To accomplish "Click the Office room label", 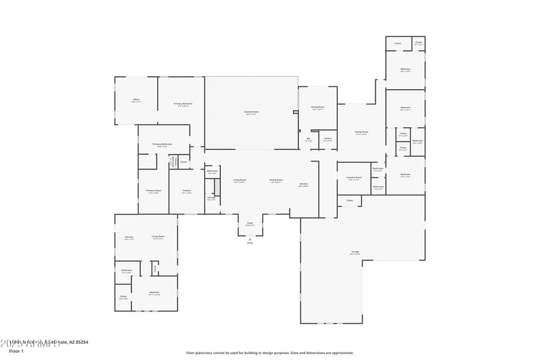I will (136, 100).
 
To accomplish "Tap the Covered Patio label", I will (251, 112).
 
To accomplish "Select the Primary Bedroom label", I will (183, 104).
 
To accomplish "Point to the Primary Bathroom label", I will (162, 145).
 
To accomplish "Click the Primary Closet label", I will (153, 191).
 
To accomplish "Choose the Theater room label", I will (186, 191).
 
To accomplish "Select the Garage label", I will (355, 252).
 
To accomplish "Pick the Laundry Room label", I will (354, 178).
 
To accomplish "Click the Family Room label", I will (362, 132).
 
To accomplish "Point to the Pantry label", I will (327, 139).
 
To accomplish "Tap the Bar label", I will (308, 139).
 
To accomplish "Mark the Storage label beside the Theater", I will (211, 199).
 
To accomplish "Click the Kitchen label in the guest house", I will (129, 238).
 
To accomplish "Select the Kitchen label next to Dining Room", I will (304, 184).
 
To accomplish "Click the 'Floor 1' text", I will (16, 351).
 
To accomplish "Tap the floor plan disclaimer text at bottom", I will (269, 353).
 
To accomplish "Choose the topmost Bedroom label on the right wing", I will (405, 70).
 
